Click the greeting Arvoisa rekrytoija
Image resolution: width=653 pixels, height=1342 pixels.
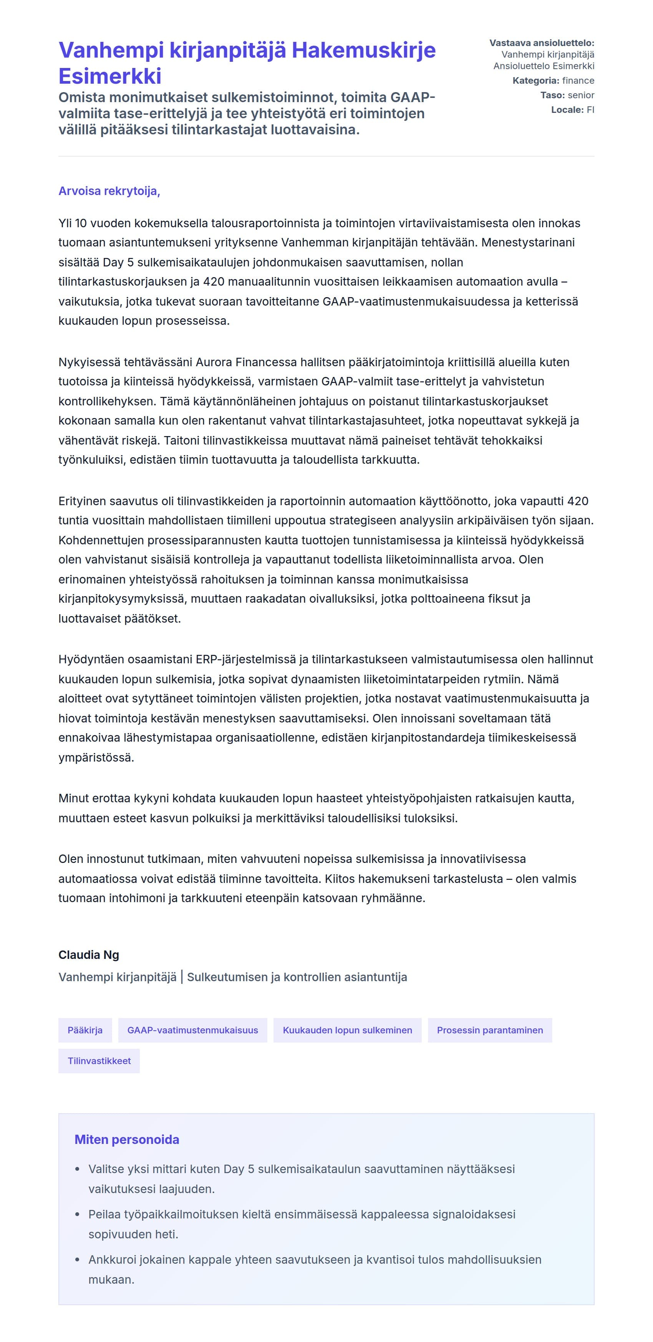(109, 191)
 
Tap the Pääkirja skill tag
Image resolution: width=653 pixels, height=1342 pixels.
(85, 1030)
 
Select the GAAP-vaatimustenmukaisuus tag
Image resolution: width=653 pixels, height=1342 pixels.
(192, 1030)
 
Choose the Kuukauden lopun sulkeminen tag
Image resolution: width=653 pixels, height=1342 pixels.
(347, 1030)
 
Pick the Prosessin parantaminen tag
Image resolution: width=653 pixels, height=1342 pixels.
(489, 1030)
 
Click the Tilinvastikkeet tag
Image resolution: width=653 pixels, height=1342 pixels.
(99, 1061)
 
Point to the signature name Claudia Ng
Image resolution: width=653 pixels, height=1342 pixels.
(89, 955)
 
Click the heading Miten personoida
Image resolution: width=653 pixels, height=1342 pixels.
(127, 1139)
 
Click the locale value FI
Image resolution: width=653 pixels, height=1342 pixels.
(590, 110)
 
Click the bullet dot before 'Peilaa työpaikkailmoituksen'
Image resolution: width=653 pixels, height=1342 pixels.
(78, 1215)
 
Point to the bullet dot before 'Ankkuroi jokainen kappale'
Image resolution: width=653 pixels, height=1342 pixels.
(78, 1260)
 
